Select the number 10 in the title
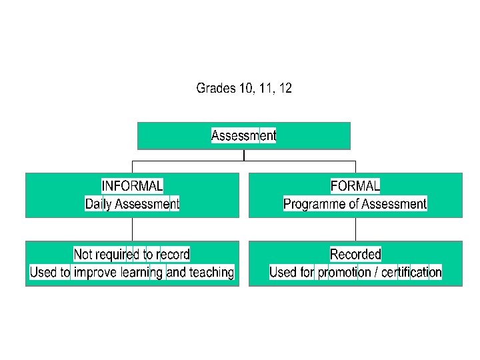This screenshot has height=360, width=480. (x=247, y=88)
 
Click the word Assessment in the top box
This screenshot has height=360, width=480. (x=243, y=135)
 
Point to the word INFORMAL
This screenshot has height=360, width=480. (x=132, y=185)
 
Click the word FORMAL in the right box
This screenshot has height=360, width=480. (x=355, y=185)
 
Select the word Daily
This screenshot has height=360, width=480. (x=99, y=204)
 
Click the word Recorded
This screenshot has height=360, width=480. (x=355, y=254)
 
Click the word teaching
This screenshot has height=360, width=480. (x=211, y=272)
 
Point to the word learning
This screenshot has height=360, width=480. (x=142, y=272)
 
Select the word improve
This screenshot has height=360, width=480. (x=95, y=272)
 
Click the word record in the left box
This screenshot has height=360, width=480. (x=173, y=254)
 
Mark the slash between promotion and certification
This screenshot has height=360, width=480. (x=376, y=272)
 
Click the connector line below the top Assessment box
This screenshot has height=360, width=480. (x=244, y=155)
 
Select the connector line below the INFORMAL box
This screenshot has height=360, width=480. (x=132, y=229)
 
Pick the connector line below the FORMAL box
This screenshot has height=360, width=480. (x=355, y=229)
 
